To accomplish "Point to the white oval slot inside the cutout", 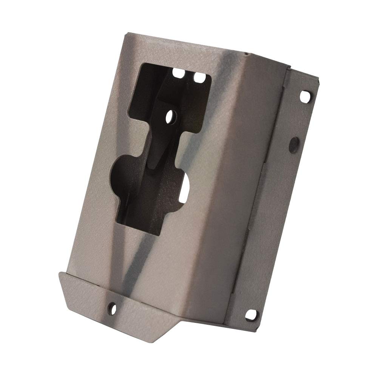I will [x=187, y=186].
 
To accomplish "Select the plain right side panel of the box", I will [x=242, y=189].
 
